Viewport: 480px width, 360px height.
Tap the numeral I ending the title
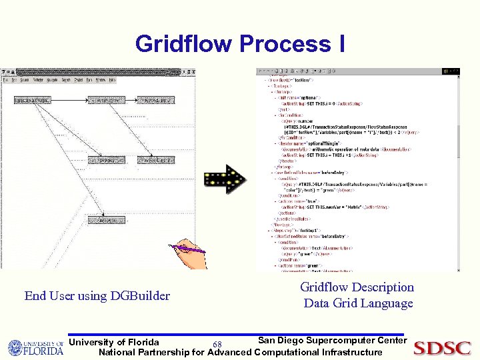pos(341,44)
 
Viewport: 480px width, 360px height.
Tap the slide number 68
pos(217,345)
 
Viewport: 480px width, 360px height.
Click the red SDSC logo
pos(442,347)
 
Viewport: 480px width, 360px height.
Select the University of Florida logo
pos(35,347)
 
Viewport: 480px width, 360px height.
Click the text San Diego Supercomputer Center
pos(331,341)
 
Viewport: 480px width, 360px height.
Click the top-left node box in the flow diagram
pos(31,100)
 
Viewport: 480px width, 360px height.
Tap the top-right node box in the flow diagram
pos(154,100)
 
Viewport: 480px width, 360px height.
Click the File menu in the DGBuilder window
pos(6,80)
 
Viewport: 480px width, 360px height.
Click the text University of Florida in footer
pos(114,342)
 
